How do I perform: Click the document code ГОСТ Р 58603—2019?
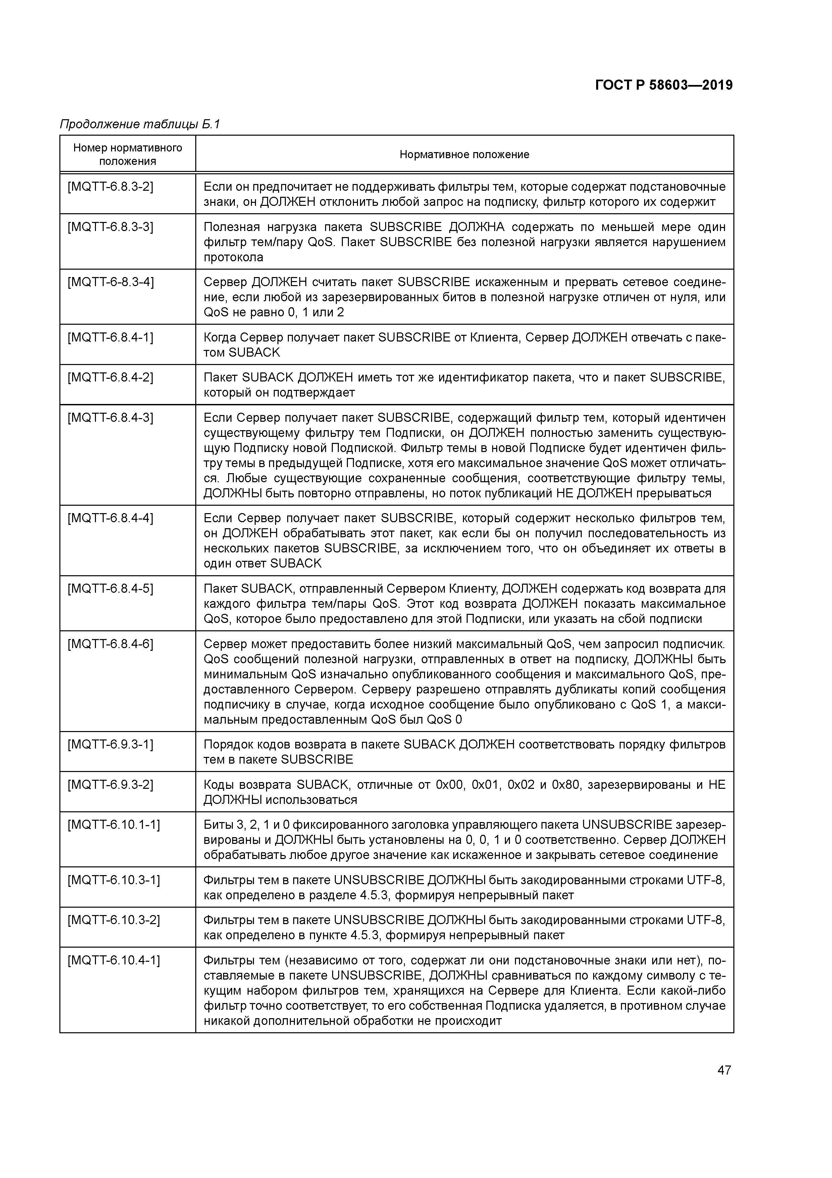pyautogui.click(x=664, y=85)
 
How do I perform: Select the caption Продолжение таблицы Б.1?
pyautogui.click(x=140, y=124)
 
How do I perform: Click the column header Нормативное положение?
pyautogui.click(x=464, y=154)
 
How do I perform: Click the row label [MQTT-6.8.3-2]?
pyautogui.click(x=110, y=187)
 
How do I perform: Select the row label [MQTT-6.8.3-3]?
pyautogui.click(x=110, y=227)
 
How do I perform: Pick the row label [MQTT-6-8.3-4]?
pyautogui.click(x=110, y=282)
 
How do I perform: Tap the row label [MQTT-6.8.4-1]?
pyautogui.click(x=110, y=337)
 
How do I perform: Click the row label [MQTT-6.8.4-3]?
pyautogui.click(x=110, y=418)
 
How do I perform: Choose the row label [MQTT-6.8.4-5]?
pyautogui.click(x=110, y=588)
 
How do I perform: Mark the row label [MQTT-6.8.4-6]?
pyautogui.click(x=110, y=644)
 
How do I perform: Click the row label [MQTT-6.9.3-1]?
pyautogui.click(x=110, y=744)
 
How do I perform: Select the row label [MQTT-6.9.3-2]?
pyautogui.click(x=110, y=784)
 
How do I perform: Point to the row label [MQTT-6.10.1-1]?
pyautogui.click(x=113, y=824)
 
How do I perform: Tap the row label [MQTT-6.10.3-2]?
pyautogui.click(x=113, y=920)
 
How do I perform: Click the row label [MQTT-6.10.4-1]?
pyautogui.click(x=113, y=960)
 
